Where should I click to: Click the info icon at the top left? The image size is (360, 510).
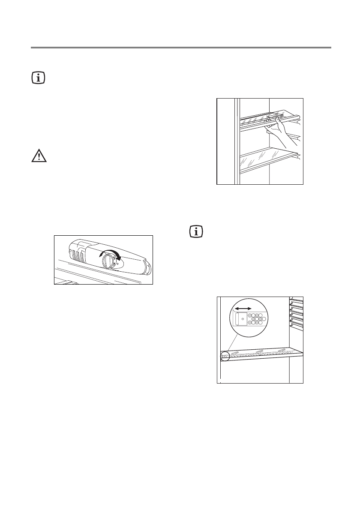39,78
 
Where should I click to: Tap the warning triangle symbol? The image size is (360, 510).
39,156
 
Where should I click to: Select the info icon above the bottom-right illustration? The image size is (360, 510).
197,232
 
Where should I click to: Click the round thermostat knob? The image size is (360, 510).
111,260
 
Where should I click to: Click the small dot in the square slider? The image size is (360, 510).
243,319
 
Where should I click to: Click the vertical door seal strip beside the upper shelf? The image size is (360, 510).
237,141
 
